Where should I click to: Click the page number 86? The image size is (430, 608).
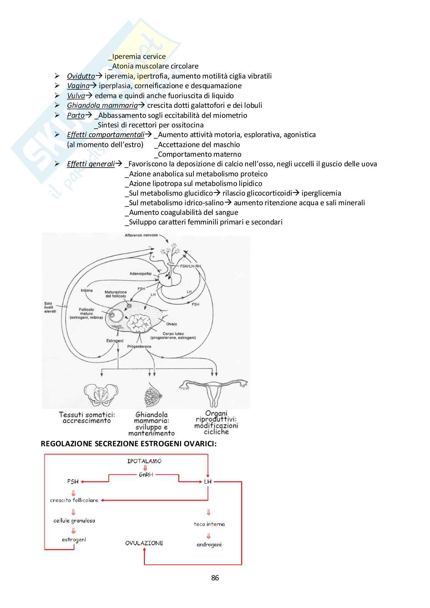tap(215, 578)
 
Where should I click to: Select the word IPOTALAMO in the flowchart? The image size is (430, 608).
tap(144, 461)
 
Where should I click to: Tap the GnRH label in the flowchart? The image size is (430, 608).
tap(146, 475)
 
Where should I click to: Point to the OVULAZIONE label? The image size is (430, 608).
tap(144, 543)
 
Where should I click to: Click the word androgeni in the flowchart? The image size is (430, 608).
tap(209, 544)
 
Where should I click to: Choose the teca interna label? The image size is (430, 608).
tap(209, 524)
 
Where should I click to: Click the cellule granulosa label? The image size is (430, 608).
tap(74, 521)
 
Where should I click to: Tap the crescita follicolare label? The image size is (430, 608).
tap(74, 500)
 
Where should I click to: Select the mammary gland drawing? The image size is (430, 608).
tap(153, 395)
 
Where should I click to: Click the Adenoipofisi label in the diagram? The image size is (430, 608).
tap(140, 274)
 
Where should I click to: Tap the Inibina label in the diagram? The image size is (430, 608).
tap(86, 290)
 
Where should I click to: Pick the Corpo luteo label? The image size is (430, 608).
tap(173, 334)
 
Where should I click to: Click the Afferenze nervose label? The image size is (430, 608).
tap(141, 235)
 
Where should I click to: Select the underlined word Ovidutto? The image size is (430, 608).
tap(81, 76)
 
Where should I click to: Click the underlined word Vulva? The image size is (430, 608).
tap(76, 96)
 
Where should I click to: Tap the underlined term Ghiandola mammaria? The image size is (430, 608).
tap(102, 106)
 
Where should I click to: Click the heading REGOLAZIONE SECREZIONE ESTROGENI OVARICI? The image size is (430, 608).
tap(129, 444)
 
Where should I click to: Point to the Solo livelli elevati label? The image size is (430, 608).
tap(50, 307)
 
